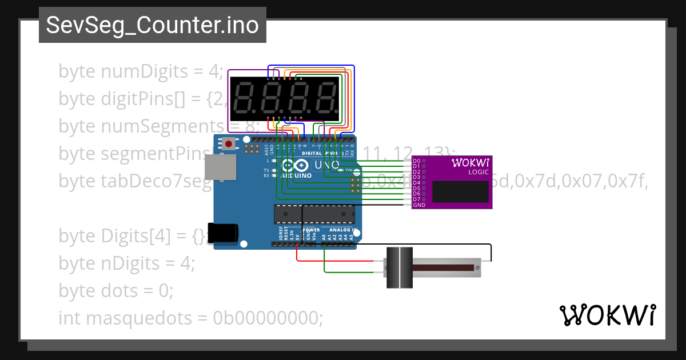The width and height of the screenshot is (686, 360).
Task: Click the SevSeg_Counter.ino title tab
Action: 152,25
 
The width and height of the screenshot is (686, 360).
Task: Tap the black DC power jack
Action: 223,233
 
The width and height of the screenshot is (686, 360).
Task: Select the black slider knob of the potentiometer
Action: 399,267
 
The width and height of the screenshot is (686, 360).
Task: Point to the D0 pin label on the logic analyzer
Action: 417,161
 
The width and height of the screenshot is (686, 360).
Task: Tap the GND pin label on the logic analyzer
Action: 419,205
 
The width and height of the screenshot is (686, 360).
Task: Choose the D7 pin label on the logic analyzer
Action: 417,199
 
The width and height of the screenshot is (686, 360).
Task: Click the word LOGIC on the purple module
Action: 478,172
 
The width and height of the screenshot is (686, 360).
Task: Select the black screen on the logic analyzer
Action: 460,191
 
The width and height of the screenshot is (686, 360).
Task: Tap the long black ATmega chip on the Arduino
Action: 314,214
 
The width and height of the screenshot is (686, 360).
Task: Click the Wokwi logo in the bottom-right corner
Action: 607,315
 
